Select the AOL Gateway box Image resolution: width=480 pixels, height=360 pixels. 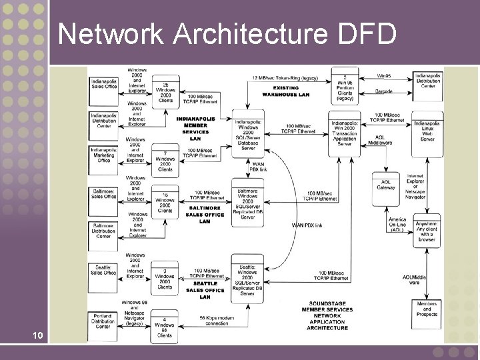[x=386, y=185]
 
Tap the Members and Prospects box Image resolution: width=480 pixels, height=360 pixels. [x=427, y=309]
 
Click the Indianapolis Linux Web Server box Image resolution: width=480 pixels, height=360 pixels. [x=427, y=131]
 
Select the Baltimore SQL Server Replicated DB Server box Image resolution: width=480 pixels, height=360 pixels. [x=247, y=203]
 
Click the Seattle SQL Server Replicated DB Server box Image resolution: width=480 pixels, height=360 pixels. [x=247, y=280]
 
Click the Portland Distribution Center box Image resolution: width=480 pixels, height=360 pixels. [x=103, y=321]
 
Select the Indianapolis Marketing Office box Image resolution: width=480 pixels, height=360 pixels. [x=103, y=156]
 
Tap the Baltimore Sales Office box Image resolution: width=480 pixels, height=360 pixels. [x=103, y=193]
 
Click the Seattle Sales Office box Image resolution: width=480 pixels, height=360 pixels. [x=103, y=269]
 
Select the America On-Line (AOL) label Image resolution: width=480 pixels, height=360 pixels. [x=397, y=225]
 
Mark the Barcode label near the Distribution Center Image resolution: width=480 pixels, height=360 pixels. [x=383, y=91]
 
